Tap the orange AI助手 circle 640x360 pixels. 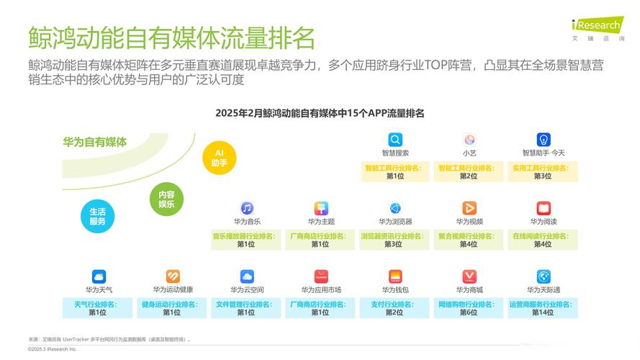[x=219, y=158]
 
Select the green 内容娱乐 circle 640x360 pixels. [x=166, y=199]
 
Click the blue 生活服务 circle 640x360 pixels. [x=97, y=216]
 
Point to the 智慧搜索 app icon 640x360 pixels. [x=395, y=140]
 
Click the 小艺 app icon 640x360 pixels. [x=469, y=140]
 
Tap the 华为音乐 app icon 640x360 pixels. [x=247, y=208]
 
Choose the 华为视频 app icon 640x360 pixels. [x=469, y=208]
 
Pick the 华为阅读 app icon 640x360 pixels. [x=544, y=208]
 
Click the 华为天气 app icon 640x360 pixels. [x=99, y=276]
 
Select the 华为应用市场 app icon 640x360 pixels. [x=321, y=276]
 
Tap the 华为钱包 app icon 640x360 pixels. [x=395, y=276]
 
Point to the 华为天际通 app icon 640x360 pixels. [x=544, y=276]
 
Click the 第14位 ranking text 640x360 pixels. [x=544, y=312]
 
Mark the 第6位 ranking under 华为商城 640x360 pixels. [x=469, y=312]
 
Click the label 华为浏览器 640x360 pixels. [x=395, y=222]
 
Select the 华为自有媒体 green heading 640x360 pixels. [x=94, y=142]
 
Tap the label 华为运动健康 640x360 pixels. [x=173, y=289]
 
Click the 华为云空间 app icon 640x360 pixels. [x=247, y=276]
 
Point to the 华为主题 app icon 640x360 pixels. [x=321, y=208]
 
